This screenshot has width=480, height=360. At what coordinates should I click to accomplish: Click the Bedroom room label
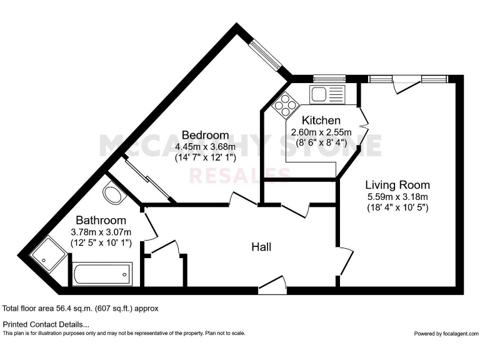pyautogui.click(x=205, y=135)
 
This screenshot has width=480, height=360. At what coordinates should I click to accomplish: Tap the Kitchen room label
pyautogui.click(x=321, y=120)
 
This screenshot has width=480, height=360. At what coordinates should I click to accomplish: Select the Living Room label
pyautogui.click(x=397, y=185)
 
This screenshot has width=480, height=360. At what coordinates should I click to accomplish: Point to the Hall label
pyautogui.click(x=261, y=247)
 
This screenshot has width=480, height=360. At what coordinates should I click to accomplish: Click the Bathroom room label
pyautogui.click(x=101, y=221)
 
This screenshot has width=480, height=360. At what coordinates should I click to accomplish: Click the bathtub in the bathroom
pyautogui.click(x=102, y=273)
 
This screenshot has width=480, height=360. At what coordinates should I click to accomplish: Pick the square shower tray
pyautogui.click(x=47, y=257)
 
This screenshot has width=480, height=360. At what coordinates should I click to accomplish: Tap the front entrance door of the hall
pyautogui.click(x=272, y=287)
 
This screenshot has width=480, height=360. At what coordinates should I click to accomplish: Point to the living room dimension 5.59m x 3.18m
pyautogui.click(x=397, y=196)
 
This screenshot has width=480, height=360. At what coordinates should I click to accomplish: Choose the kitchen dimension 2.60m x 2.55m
pyautogui.click(x=321, y=132)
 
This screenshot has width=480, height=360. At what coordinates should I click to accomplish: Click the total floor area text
pyautogui.click(x=81, y=308)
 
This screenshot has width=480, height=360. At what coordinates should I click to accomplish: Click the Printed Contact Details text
pyautogui.click(x=46, y=324)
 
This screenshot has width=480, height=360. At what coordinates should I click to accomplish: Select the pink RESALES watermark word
pyautogui.click(x=239, y=176)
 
